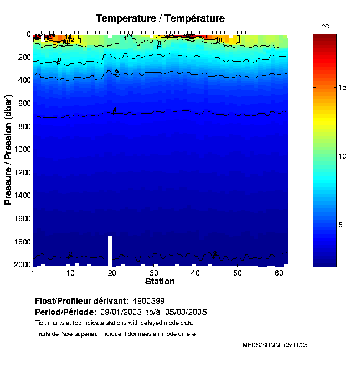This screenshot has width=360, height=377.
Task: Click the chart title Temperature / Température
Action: point(160,18)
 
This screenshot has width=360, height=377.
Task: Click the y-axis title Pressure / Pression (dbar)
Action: point(8,149)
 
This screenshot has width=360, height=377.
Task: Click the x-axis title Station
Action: point(160,282)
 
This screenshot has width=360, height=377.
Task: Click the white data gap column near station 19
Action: point(110,250)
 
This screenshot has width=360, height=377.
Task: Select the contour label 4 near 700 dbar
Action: point(115,110)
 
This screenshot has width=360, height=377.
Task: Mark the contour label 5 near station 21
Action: point(117,72)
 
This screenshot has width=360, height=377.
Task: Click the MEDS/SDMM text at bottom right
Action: point(261,345)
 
